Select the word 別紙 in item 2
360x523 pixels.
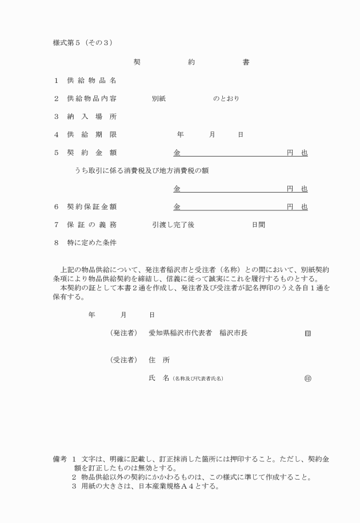point(159,98)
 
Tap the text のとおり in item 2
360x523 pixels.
point(226,98)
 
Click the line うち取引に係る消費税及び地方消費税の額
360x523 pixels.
point(141,170)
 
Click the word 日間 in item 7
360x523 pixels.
point(258,225)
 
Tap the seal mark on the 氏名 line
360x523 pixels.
point(309,378)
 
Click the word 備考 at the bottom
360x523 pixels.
point(60,459)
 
